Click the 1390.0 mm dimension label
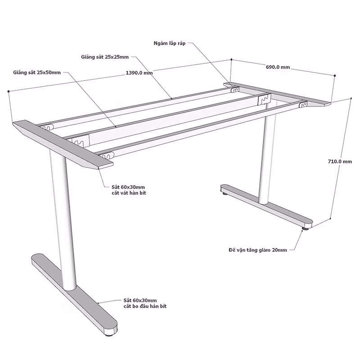click(x=139, y=73)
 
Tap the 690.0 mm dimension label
click(x=278, y=67)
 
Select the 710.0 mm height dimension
click(x=340, y=162)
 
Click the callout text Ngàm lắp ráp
click(x=170, y=43)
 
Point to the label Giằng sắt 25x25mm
click(x=105, y=57)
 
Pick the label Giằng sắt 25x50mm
click(x=37, y=72)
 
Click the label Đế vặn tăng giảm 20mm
click(x=257, y=250)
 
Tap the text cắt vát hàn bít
click(x=129, y=193)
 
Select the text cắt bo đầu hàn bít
click(x=145, y=306)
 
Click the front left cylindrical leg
click(x=63, y=220)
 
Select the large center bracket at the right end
click(x=264, y=99)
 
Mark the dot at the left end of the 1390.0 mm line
click(x=9, y=91)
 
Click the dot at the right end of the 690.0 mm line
click(x=335, y=75)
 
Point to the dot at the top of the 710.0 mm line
click(x=351, y=98)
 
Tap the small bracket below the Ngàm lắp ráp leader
click(x=235, y=90)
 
